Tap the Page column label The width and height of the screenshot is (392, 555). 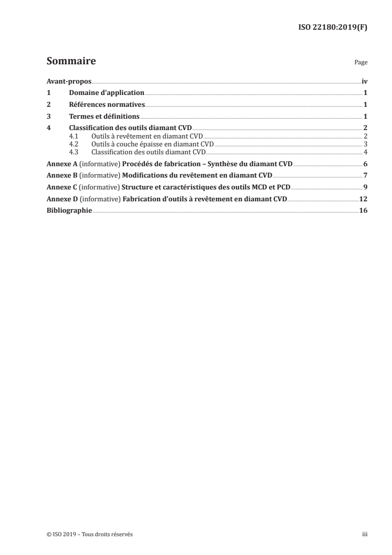[x=361, y=63]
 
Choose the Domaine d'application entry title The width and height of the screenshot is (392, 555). [x=107, y=93]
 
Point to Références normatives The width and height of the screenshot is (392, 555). [x=107, y=105]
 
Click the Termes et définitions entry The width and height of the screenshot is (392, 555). [x=104, y=117]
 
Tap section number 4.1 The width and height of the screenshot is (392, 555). [x=74, y=136]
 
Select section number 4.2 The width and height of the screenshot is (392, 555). [x=74, y=144]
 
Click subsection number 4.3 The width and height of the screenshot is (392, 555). [x=74, y=151]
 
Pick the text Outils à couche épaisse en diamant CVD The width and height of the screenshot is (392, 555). [x=153, y=144]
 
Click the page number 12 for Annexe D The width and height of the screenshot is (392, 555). [x=364, y=199]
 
